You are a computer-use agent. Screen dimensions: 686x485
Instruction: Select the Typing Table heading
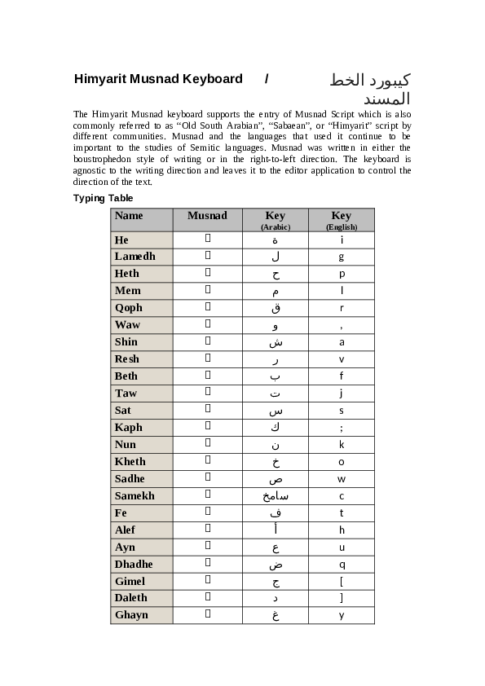click(x=104, y=198)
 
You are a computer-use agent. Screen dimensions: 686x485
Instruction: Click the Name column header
click(x=129, y=216)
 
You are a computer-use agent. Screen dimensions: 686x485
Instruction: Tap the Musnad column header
click(x=207, y=216)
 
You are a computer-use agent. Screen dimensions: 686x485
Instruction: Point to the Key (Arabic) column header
click(x=276, y=220)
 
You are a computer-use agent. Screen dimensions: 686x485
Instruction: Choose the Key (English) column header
click(x=342, y=220)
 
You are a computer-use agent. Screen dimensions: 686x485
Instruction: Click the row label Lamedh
click(x=135, y=257)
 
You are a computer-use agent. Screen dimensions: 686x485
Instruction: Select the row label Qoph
click(x=129, y=308)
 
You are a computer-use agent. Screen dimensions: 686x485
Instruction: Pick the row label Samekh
click(x=134, y=496)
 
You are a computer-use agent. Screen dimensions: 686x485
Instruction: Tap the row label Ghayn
click(x=132, y=615)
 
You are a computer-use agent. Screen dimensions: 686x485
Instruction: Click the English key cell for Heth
click(x=342, y=274)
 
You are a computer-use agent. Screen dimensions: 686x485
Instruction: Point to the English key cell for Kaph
click(x=342, y=428)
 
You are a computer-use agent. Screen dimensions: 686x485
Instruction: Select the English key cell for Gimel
click(x=342, y=581)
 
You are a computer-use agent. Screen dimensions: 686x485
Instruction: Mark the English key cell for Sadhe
click(x=342, y=479)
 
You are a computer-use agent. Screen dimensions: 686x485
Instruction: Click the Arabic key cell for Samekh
click(x=276, y=496)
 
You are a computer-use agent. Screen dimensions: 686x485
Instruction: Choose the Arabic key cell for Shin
click(x=276, y=342)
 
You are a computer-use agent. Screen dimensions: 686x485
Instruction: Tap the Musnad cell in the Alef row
click(x=207, y=530)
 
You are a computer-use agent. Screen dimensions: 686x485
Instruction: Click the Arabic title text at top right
click(x=369, y=89)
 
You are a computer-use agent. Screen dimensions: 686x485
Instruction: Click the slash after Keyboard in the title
click(x=267, y=79)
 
